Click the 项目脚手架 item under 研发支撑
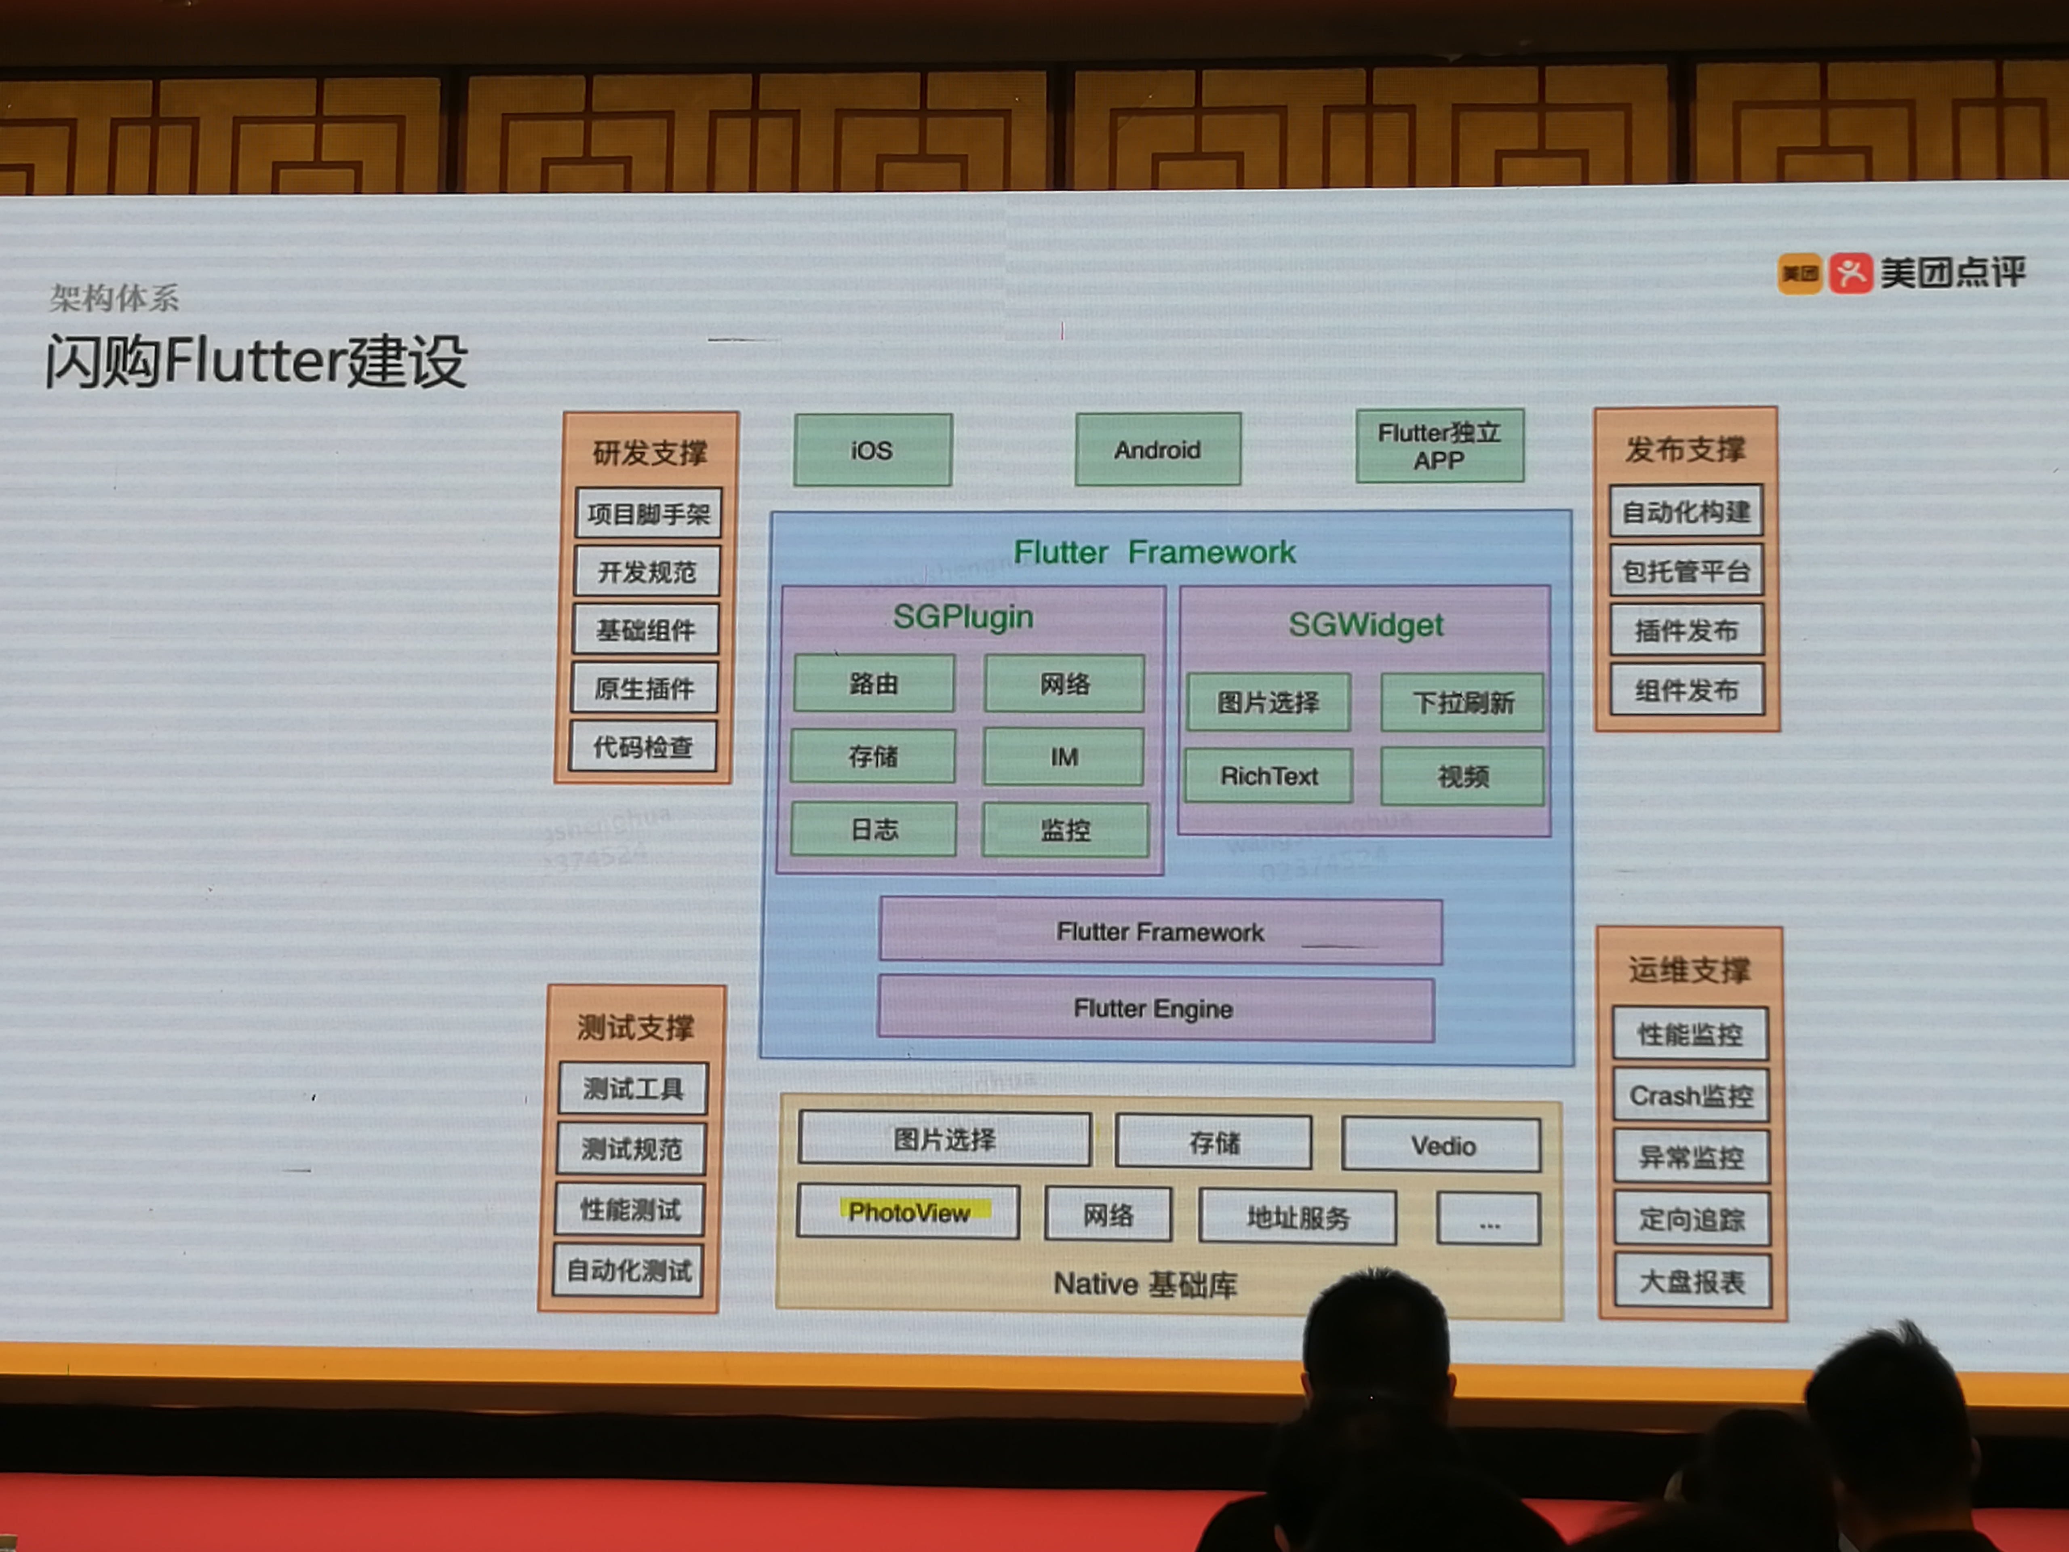pos(648,514)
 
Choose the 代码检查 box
pos(643,746)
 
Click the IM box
pos(1064,757)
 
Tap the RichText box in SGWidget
pos(1268,776)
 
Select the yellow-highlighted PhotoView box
pos(908,1212)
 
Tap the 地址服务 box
pos(1297,1217)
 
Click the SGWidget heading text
pos(1365,624)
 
